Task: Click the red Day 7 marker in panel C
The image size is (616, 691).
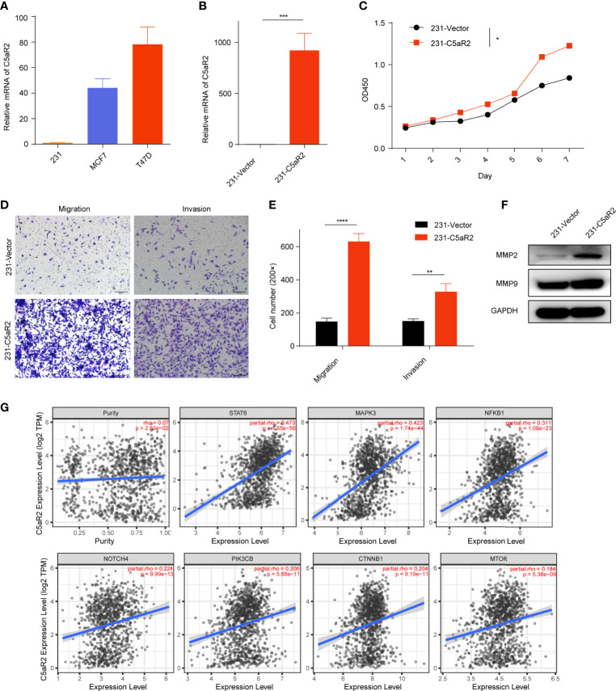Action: tap(570, 46)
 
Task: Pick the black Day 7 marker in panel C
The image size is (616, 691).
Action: tap(570, 78)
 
